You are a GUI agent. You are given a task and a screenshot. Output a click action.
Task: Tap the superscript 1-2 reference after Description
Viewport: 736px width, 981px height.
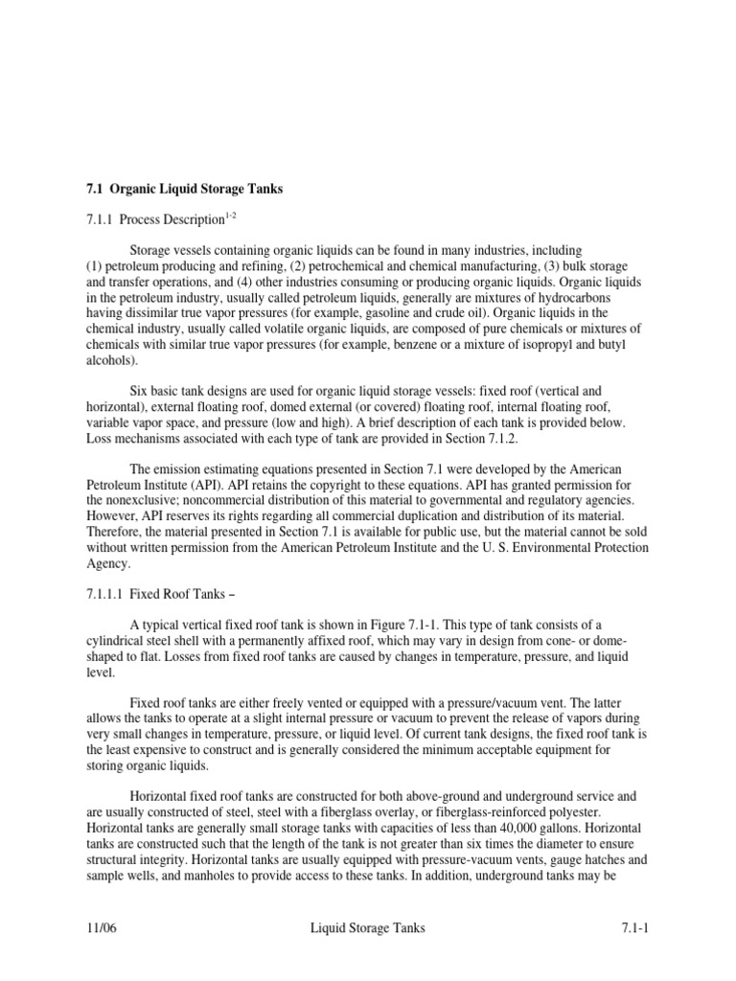click(x=229, y=217)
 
